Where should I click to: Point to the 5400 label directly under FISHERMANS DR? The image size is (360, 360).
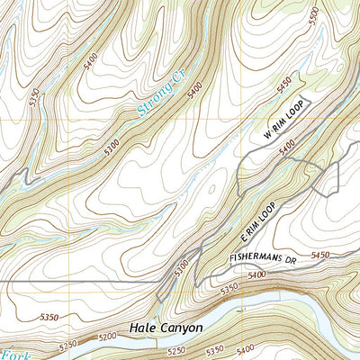(x=258, y=273)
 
